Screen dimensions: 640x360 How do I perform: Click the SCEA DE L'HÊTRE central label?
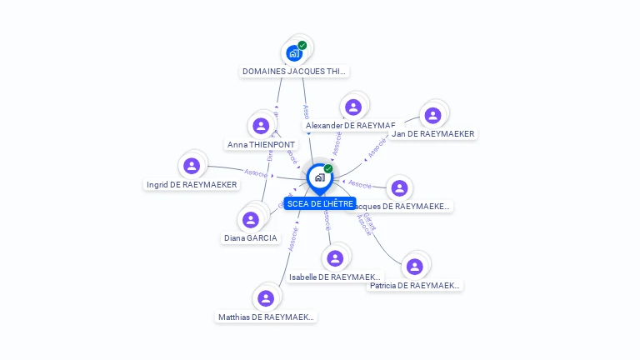coord(320,203)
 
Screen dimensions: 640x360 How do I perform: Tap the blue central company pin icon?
coord(319,177)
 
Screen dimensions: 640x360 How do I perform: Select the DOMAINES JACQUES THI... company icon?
coord(294,53)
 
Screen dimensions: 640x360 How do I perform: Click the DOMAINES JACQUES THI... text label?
coord(294,72)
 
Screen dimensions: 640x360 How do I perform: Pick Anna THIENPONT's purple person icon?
coord(261,126)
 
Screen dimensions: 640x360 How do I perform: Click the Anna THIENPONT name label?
coord(262,144)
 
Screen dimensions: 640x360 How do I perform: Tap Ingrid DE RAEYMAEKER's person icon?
coord(192,166)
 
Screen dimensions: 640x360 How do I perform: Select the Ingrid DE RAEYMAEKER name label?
coord(192,184)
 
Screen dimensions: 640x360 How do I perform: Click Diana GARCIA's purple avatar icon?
coord(250,220)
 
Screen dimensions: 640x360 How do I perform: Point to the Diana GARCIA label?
coord(251,238)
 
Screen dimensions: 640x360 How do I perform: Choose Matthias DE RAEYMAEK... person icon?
coord(266,298)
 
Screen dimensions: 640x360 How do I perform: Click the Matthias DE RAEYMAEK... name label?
coord(267,317)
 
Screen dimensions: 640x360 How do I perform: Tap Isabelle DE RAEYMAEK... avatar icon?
coord(335,258)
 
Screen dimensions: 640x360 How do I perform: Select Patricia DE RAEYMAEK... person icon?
coord(415,267)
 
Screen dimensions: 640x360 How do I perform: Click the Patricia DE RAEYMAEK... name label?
coord(415,285)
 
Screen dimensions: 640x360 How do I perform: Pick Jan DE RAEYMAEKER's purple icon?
coord(432,115)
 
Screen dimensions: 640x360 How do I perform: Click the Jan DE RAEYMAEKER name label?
coord(433,133)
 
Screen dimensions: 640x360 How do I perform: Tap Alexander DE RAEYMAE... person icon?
coord(353,107)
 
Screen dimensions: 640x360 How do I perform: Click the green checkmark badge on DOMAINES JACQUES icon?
coord(302,45)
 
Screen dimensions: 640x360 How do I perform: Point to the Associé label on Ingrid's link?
coord(256,173)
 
